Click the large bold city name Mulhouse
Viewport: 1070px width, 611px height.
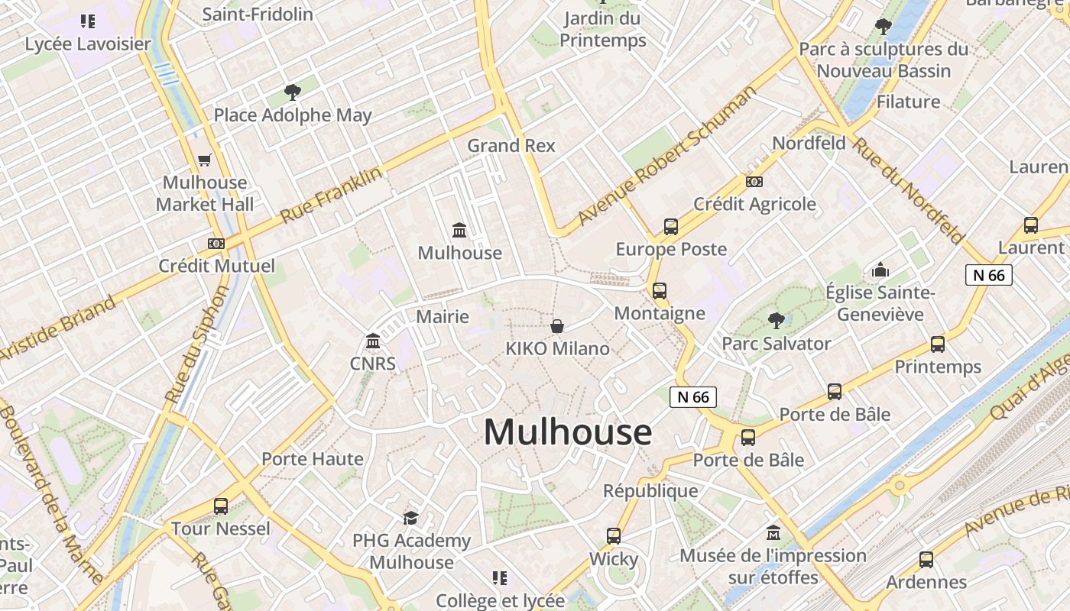(x=568, y=432)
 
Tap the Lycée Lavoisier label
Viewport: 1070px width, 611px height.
(x=88, y=44)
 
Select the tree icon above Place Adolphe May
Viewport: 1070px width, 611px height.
(x=292, y=92)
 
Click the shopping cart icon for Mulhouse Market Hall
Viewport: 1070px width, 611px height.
(x=204, y=160)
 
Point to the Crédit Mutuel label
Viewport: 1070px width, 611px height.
(x=216, y=266)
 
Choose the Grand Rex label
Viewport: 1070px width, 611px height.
(x=511, y=145)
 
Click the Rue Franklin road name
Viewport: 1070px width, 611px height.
(x=331, y=196)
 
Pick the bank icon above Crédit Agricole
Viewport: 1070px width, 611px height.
(x=754, y=182)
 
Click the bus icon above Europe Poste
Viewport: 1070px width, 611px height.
(x=671, y=227)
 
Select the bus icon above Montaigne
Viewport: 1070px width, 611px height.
(x=660, y=291)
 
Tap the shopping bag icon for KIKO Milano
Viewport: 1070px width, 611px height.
(x=558, y=327)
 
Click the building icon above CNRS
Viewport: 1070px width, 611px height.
(x=373, y=341)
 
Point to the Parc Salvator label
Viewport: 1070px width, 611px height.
(x=776, y=344)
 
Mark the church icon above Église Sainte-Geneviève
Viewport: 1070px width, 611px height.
(x=880, y=270)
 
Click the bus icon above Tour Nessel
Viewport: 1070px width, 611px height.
(x=221, y=506)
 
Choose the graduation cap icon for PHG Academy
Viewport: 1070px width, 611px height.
(x=411, y=518)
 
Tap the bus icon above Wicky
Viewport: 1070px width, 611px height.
(x=614, y=536)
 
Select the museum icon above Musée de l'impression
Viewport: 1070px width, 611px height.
(x=773, y=532)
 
